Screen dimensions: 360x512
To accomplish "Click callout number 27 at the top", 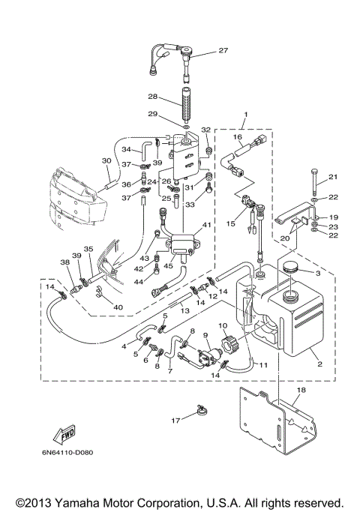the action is [x=223, y=50].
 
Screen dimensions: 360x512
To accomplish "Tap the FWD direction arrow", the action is [x=64, y=434].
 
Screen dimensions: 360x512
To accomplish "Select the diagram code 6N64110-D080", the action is [x=67, y=453].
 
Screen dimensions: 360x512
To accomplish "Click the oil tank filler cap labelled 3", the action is [x=290, y=268].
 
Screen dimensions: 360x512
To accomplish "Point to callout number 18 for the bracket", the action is [x=301, y=390].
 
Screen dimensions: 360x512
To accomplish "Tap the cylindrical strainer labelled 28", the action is [x=186, y=104].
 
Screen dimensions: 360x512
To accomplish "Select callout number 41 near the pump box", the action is [x=207, y=225].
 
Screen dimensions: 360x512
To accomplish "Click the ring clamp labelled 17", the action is [x=202, y=410].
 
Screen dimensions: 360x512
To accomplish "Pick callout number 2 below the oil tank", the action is [x=319, y=364].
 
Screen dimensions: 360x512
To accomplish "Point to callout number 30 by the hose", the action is [x=106, y=160].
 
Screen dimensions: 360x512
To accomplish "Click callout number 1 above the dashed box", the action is [x=246, y=115].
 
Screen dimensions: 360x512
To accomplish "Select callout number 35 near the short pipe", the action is [x=88, y=249].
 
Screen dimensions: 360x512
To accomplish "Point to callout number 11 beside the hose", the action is [x=264, y=365].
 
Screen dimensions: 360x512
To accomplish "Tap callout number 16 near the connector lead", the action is [x=238, y=137].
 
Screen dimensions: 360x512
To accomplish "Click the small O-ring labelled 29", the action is [x=186, y=126].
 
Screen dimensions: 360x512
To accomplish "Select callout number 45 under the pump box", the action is [x=168, y=266].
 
